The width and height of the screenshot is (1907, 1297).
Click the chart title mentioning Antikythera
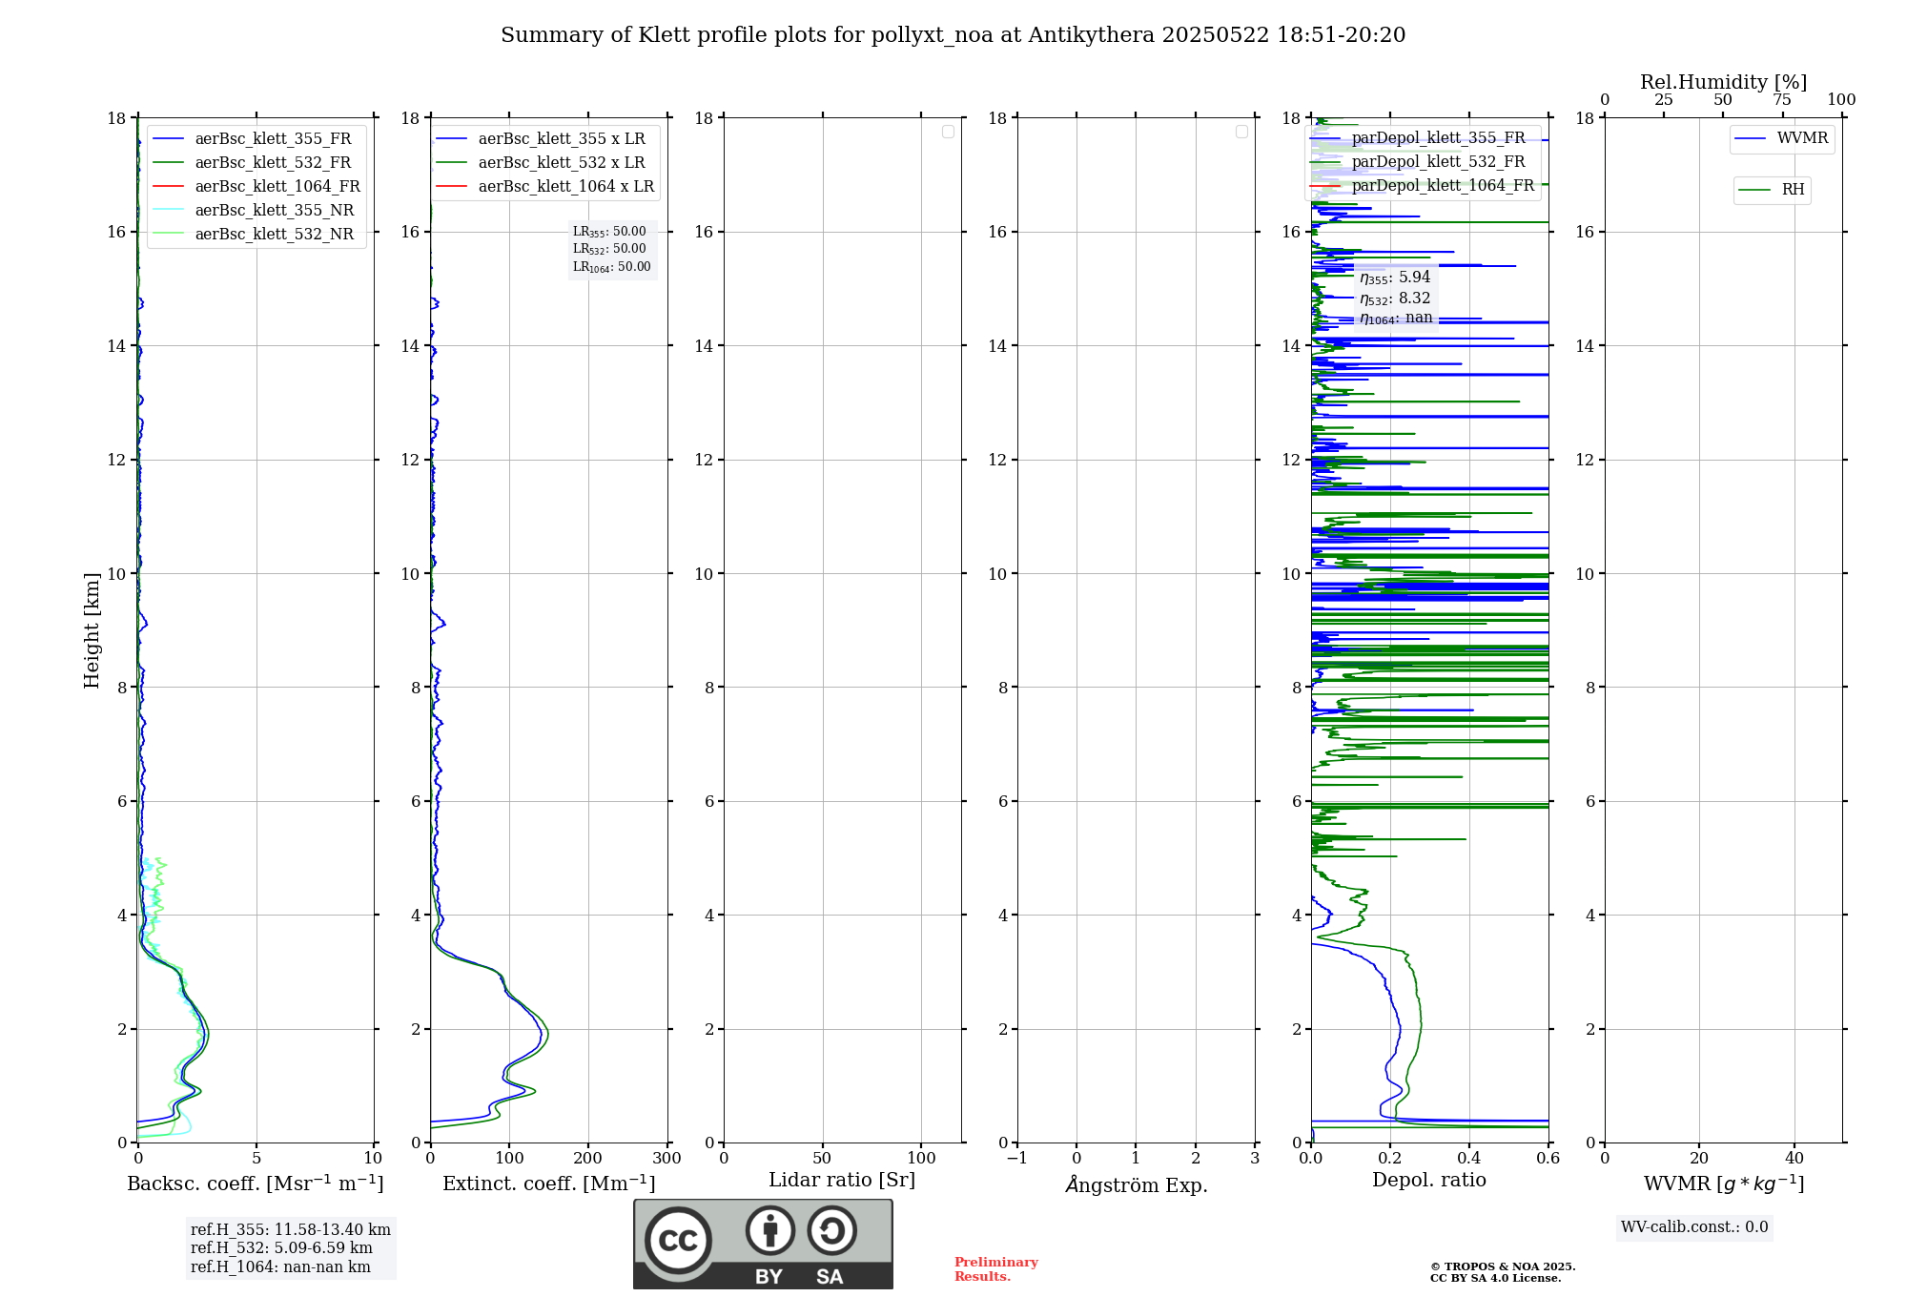[x=953, y=35]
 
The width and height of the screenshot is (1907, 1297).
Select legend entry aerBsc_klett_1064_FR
[x=277, y=187]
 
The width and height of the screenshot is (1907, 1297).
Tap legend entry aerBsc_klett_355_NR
[x=274, y=211]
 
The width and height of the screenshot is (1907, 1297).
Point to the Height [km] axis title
[x=92, y=630]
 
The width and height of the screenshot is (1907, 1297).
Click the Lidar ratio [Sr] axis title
[x=841, y=1181]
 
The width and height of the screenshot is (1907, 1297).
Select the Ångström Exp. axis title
[x=1136, y=1185]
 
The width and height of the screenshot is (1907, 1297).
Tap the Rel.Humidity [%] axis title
[x=1723, y=82]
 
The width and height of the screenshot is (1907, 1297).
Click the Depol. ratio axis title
[x=1428, y=1181]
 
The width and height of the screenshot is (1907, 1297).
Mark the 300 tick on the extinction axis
[x=666, y=1159]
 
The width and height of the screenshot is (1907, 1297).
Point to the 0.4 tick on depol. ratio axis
[x=1469, y=1159]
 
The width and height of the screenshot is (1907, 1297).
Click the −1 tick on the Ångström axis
[x=1017, y=1159]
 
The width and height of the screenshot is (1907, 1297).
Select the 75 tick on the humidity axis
[x=1782, y=100]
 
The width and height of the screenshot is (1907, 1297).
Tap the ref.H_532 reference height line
[x=281, y=1248]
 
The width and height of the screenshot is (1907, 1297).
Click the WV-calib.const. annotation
[x=1694, y=1227]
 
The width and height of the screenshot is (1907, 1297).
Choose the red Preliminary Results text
[x=995, y=1269]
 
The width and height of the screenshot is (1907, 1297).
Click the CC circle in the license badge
[x=678, y=1241]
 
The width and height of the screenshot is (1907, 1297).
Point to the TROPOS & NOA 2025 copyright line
[x=1502, y=1266]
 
